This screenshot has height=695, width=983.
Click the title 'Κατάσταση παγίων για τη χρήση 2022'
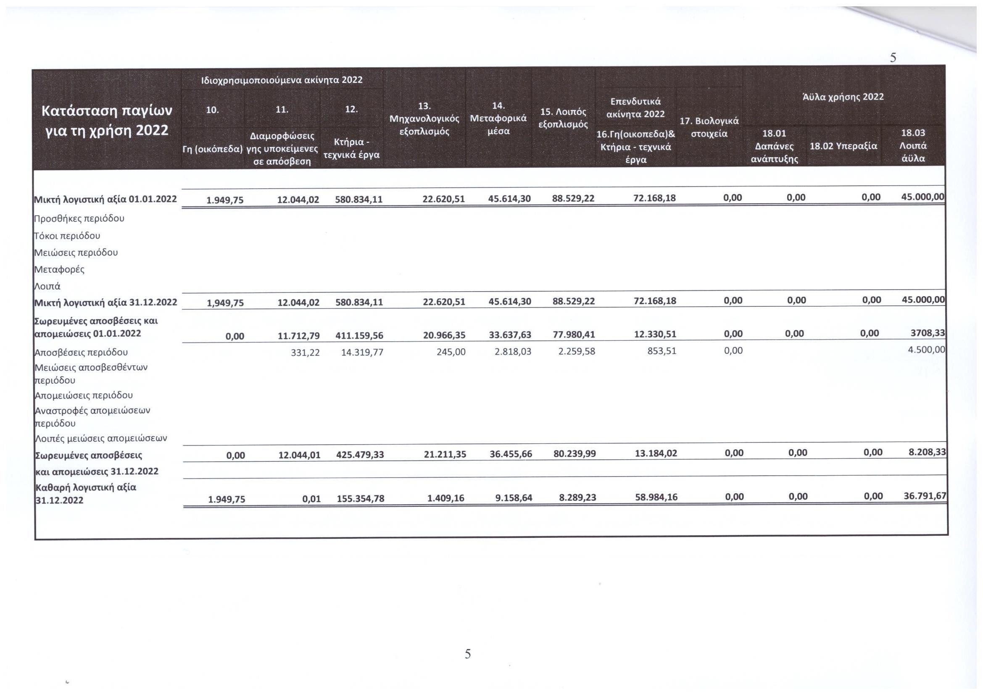(x=107, y=120)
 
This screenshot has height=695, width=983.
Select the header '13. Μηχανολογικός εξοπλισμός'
(x=424, y=118)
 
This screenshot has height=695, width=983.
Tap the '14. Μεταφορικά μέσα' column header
(x=498, y=118)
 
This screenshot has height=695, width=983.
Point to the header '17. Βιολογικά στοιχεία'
(x=709, y=127)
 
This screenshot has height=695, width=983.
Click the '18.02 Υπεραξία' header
(x=843, y=146)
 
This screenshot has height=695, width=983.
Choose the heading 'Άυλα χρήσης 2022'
(x=843, y=97)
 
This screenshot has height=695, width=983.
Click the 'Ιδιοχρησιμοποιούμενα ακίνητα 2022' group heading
(x=281, y=80)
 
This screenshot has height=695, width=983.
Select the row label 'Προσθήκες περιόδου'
(x=79, y=219)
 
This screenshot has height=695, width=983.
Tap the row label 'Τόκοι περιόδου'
(x=67, y=236)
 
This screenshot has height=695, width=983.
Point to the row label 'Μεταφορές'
(x=60, y=270)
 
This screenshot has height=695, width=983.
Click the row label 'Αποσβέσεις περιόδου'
(x=81, y=353)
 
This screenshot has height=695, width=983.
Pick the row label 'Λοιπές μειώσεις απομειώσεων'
(x=100, y=438)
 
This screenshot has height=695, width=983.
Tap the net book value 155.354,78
(x=361, y=499)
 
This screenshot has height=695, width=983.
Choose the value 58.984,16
(x=656, y=497)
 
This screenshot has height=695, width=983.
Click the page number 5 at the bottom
(x=467, y=654)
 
